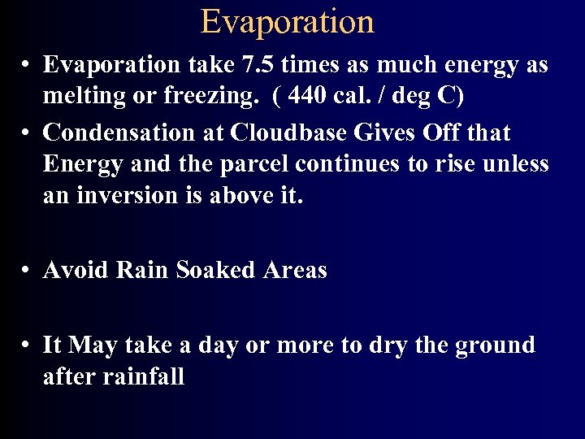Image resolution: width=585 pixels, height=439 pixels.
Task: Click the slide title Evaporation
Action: (288, 21)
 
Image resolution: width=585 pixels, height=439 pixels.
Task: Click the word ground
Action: (495, 346)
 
